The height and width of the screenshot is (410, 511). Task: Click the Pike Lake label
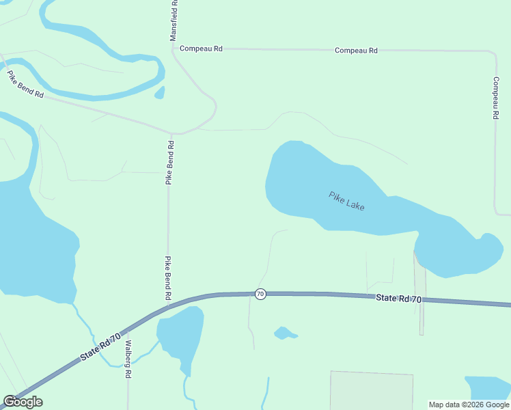pyautogui.click(x=346, y=200)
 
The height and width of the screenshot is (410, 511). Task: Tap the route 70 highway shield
pyautogui.click(x=260, y=294)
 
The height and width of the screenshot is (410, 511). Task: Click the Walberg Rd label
pyautogui.click(x=127, y=358)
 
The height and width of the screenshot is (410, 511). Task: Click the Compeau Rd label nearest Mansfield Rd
pyautogui.click(x=201, y=49)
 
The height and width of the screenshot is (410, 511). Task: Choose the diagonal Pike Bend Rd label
pyautogui.click(x=26, y=85)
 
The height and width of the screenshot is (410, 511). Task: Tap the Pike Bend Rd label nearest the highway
pyautogui.click(x=167, y=279)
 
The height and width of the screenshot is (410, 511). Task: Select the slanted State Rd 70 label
pyautogui.click(x=100, y=346)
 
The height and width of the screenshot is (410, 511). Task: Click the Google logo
pyautogui.click(x=23, y=402)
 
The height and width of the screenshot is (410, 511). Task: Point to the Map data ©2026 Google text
pyautogui.click(x=469, y=405)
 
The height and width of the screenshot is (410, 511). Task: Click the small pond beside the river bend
pyautogui.click(x=160, y=92)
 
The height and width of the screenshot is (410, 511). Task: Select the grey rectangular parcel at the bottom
pyautogui.click(x=372, y=390)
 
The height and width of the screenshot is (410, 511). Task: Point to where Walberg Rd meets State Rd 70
pyautogui.click(x=127, y=329)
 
